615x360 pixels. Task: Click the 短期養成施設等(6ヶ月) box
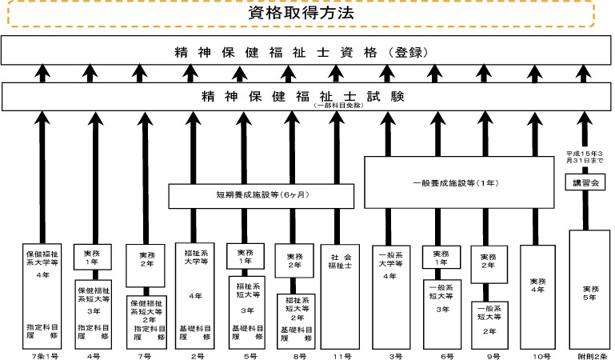coord(250,196)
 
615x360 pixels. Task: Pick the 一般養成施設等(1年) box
coord(459,183)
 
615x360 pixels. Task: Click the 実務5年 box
coord(589,290)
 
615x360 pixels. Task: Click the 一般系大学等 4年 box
coord(389,296)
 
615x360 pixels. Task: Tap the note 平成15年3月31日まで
coord(585,157)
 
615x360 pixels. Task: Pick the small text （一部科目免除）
coord(340,106)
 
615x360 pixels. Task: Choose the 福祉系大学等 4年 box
coord(193,296)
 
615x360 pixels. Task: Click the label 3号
coord(389,354)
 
